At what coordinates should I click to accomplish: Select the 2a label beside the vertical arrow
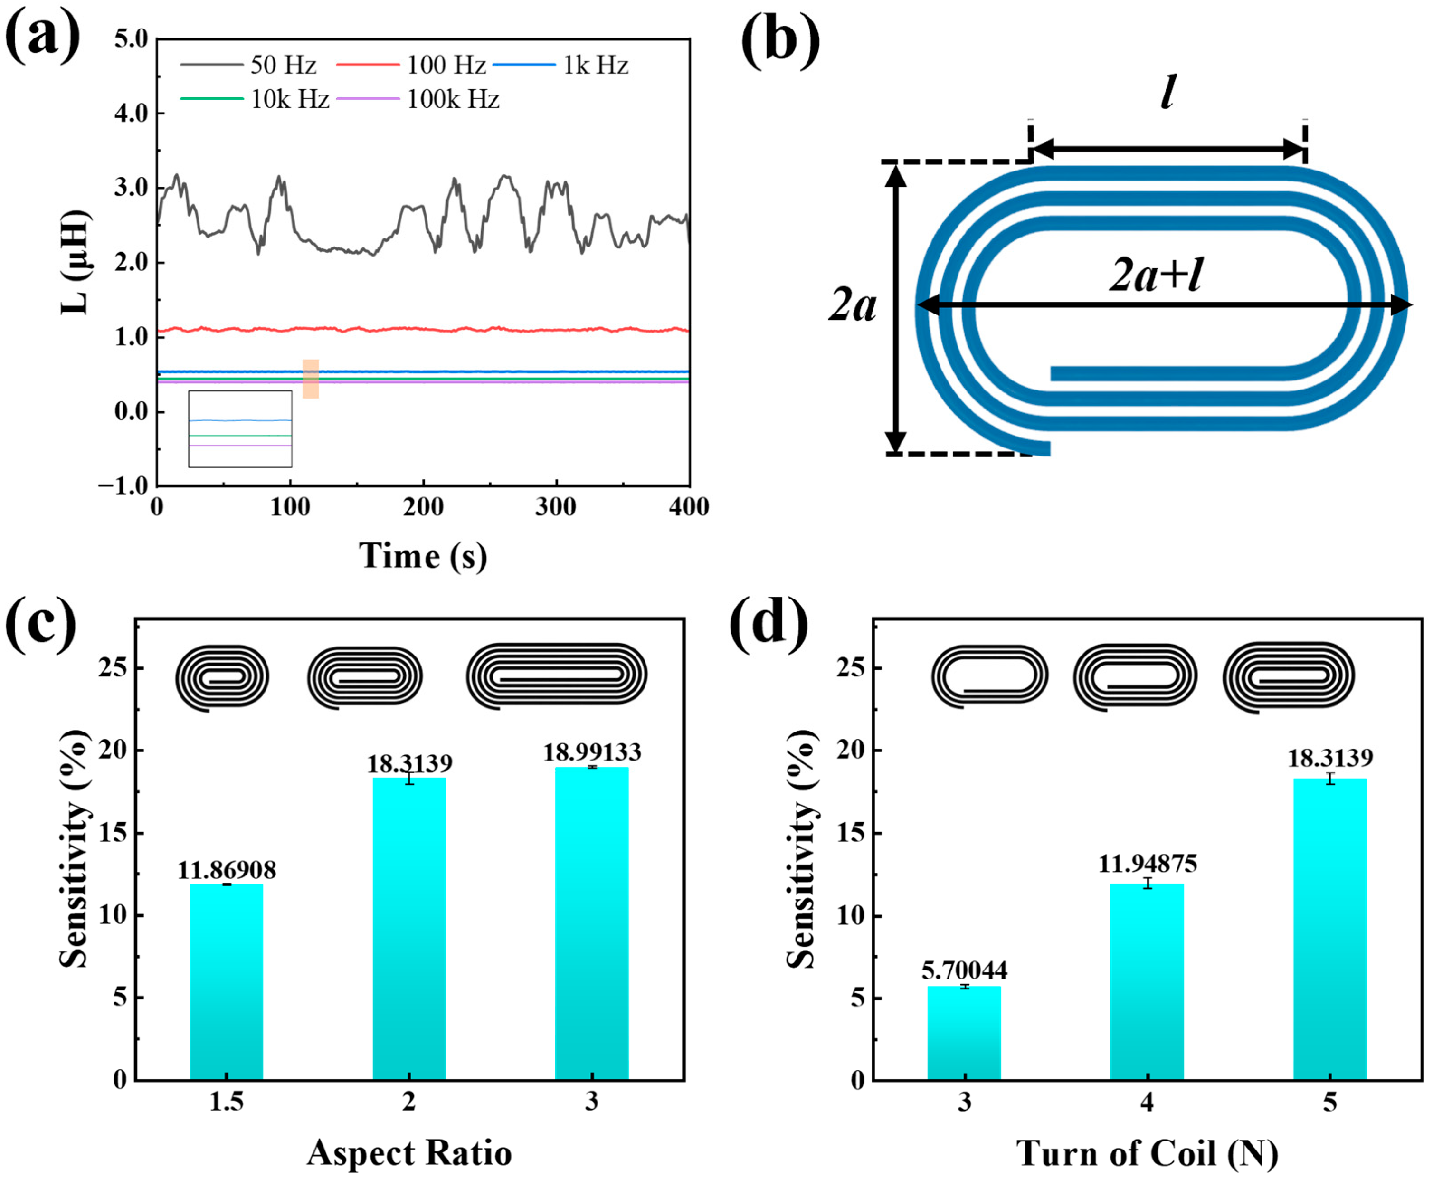pos(852,305)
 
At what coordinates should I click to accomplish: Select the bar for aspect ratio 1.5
pos(226,981)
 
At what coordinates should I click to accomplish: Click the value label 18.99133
pos(591,752)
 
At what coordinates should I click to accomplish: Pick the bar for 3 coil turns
pos(964,1032)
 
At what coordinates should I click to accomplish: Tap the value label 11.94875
pos(1147,864)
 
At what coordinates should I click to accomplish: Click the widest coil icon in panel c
pos(556,676)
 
